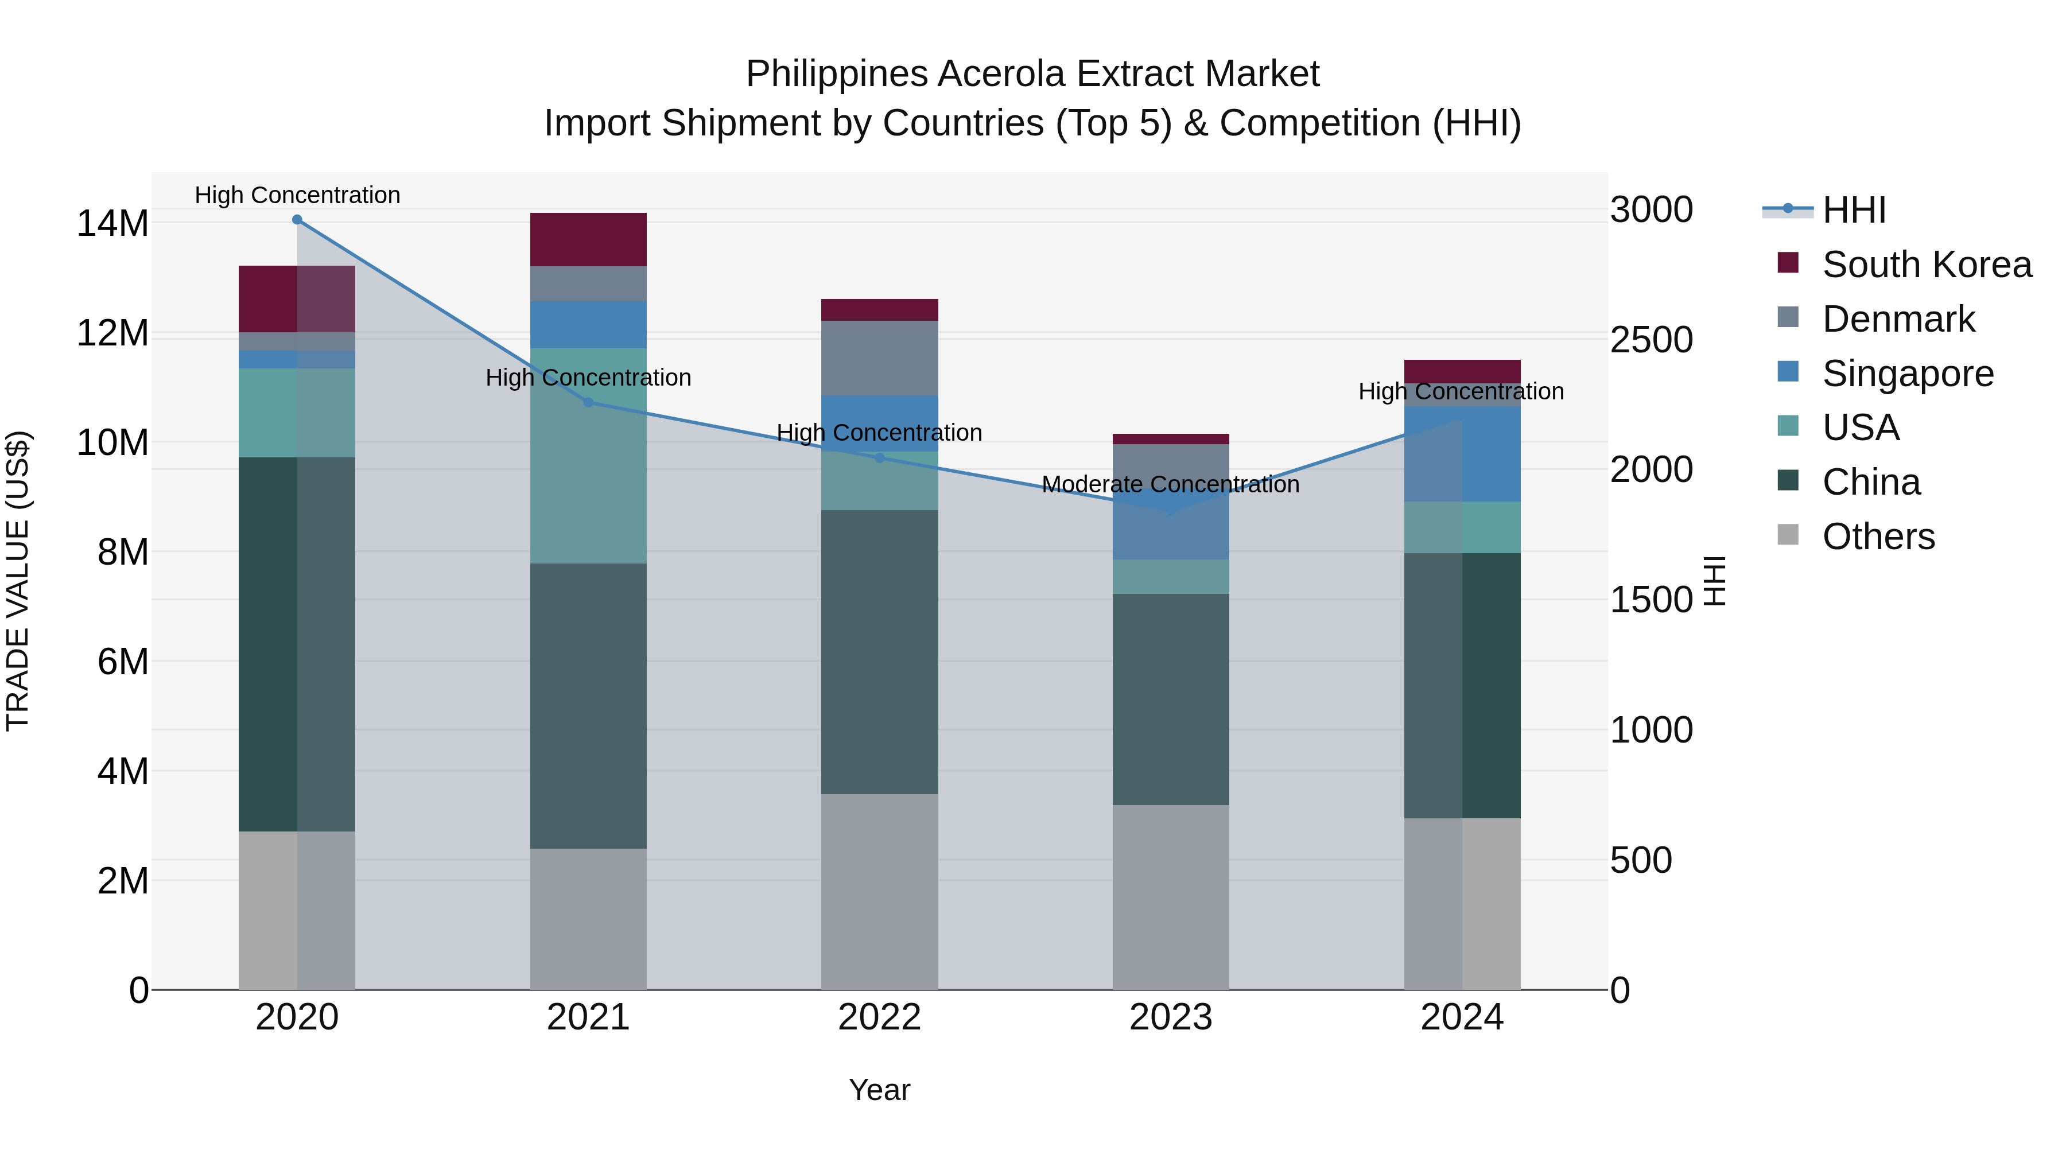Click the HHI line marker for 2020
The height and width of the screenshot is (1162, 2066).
pos(297,220)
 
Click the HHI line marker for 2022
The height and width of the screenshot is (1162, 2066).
pos(879,458)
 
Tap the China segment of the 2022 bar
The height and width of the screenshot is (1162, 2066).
pos(879,651)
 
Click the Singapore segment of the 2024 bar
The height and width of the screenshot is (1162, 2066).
pos(1462,454)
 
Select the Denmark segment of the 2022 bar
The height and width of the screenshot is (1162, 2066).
pos(879,357)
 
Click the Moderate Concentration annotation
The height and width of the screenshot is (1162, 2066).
pos(1170,484)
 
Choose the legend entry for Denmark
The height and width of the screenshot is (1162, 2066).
pos(1898,319)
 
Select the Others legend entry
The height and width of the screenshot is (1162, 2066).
pos(1878,537)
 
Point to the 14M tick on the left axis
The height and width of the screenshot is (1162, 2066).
pos(112,223)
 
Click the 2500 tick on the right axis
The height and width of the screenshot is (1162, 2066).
pos(1651,340)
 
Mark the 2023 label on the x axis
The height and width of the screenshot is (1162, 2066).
pos(1170,1017)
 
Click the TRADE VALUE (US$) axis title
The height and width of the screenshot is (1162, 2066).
pos(18,581)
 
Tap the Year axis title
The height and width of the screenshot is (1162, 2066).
pos(879,1090)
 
